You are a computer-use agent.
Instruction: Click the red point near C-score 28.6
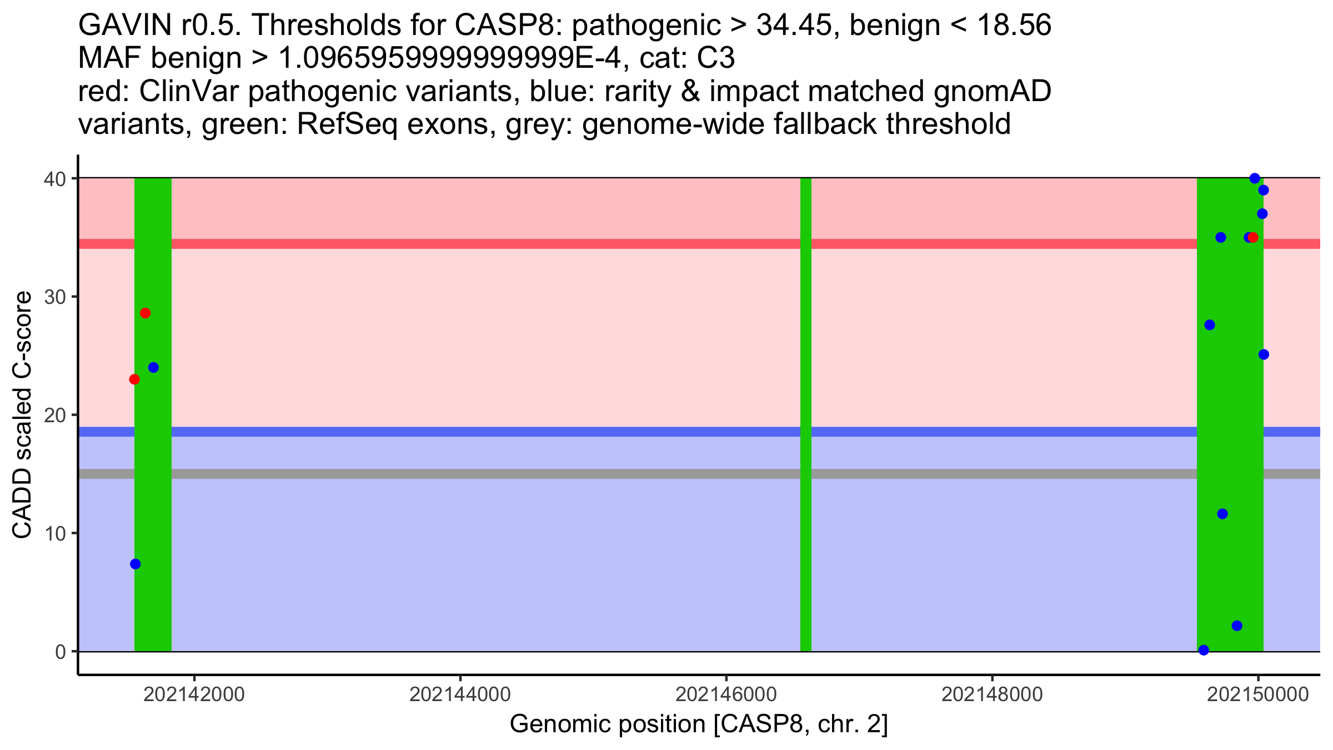coord(145,313)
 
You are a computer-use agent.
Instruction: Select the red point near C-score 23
coord(134,379)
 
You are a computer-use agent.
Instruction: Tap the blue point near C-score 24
coord(153,368)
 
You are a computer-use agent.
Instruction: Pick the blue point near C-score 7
coord(136,564)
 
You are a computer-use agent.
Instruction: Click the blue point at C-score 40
coord(1255,178)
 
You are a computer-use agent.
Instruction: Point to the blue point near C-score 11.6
coord(1222,514)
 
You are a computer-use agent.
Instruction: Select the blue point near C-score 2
coord(1237,626)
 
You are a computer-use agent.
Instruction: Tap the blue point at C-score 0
coord(1204,651)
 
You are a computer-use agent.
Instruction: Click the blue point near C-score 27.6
coord(1210,325)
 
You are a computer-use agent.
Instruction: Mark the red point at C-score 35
coord(1253,238)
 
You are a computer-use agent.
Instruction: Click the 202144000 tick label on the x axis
coord(460,695)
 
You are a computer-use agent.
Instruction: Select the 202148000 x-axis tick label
coord(992,695)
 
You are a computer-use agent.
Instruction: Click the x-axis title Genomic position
coord(699,724)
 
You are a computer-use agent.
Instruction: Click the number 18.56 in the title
coord(1014,26)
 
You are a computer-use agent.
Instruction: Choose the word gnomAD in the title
coord(992,92)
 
